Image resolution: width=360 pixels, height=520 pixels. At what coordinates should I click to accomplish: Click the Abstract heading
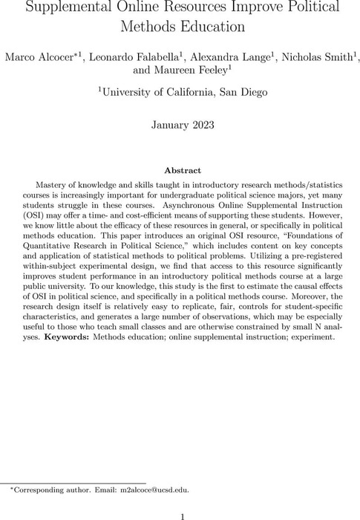[180, 170]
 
